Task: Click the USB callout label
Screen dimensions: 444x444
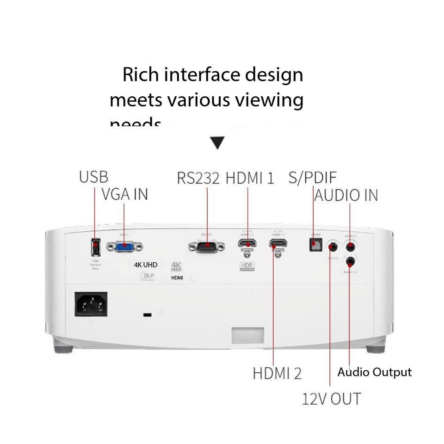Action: coord(93,177)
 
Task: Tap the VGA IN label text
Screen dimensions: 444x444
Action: coord(125,194)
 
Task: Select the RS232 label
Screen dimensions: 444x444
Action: coord(198,178)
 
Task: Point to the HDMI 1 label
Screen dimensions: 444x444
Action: coord(250,178)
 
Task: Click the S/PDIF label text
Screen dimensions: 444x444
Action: coord(313,177)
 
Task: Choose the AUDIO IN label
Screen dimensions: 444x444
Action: coord(346,195)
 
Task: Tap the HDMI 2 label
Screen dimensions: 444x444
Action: coord(277,373)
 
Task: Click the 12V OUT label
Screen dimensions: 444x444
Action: coord(331,399)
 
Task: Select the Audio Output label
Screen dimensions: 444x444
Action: coord(374,372)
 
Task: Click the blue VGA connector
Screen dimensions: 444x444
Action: coord(124,247)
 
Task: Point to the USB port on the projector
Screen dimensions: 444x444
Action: coord(95,247)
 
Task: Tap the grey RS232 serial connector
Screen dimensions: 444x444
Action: coord(207,247)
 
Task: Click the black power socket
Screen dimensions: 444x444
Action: coord(91,304)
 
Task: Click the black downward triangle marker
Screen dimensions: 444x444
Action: coord(217,142)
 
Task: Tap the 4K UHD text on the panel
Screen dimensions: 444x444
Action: coord(146,265)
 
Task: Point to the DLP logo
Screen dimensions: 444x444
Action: coord(148,276)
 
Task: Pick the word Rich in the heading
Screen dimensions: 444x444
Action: coord(141,75)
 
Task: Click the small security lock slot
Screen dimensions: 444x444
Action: coord(148,315)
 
